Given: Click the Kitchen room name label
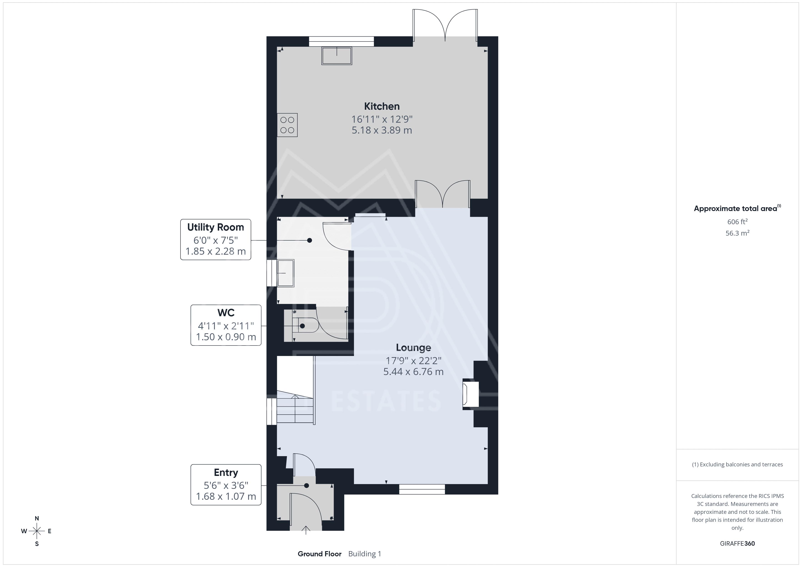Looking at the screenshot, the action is (x=382, y=106).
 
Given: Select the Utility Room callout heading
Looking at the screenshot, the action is (x=216, y=227).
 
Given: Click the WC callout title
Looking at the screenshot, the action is (x=226, y=313).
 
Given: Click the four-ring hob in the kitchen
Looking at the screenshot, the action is (x=287, y=125).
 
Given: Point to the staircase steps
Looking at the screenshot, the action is (x=296, y=407).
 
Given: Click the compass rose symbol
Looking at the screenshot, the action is (x=37, y=531).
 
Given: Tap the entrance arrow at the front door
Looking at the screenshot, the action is (x=306, y=530).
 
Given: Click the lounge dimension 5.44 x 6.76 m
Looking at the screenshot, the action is (x=413, y=371).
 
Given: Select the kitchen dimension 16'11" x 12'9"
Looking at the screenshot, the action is (x=382, y=119).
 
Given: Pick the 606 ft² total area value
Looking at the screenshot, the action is (x=737, y=222).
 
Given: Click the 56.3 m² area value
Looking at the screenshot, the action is (x=737, y=233).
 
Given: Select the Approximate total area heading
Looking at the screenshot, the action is (x=737, y=209).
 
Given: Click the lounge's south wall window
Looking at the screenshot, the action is (x=422, y=489).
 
